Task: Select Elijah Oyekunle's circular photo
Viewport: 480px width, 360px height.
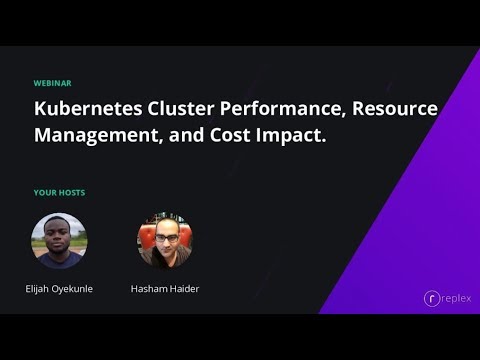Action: [x=59, y=241]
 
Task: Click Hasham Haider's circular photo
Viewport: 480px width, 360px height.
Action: [x=165, y=241]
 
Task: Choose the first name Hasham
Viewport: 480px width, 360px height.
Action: [x=149, y=288]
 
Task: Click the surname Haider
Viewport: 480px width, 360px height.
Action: [x=185, y=288]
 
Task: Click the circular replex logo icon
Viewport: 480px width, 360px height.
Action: [x=432, y=298]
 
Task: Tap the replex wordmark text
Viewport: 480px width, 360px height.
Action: [x=456, y=298]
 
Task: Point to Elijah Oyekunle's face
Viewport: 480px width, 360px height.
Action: [x=58, y=236]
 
